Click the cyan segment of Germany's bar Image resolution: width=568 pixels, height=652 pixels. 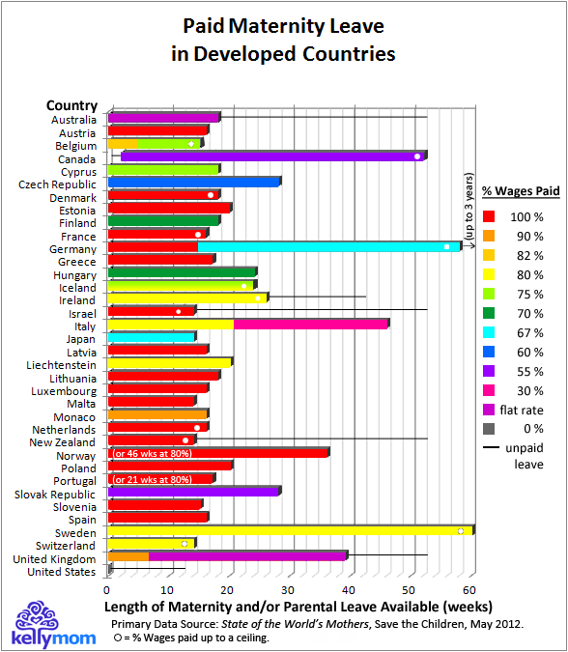coord(328,246)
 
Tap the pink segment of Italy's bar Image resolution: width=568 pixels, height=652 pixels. coord(309,324)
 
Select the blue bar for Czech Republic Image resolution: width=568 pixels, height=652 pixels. coord(193,182)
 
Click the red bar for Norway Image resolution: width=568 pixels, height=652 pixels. coord(241,452)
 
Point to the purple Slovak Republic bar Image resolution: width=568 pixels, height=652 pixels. coord(193,491)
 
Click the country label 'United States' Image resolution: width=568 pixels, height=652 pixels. coord(63,571)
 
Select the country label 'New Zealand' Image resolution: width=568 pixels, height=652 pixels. coord(63,442)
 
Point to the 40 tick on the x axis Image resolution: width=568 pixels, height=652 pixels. coord(349,588)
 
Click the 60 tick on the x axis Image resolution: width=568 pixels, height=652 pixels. coord(469,588)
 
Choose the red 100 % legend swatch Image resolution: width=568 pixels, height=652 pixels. coord(490,217)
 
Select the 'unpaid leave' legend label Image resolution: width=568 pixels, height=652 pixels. coord(524,455)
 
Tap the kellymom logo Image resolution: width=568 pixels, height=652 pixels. coord(43,624)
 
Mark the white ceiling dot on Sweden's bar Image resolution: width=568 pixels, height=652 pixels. coord(461,530)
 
